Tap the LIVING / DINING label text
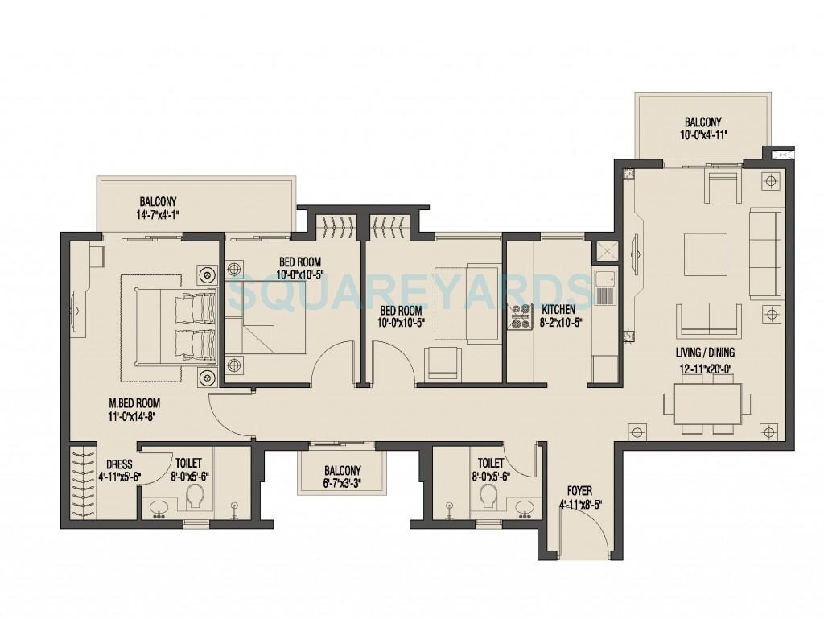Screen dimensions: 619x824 click(x=706, y=353)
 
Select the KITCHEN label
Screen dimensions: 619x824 click(x=558, y=309)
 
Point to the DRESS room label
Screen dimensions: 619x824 click(x=118, y=464)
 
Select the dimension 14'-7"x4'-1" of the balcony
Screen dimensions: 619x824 click(x=159, y=215)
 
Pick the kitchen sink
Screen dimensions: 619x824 click(x=604, y=289)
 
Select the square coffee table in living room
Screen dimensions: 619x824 click(x=706, y=254)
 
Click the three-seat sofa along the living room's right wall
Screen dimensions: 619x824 click(x=764, y=242)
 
